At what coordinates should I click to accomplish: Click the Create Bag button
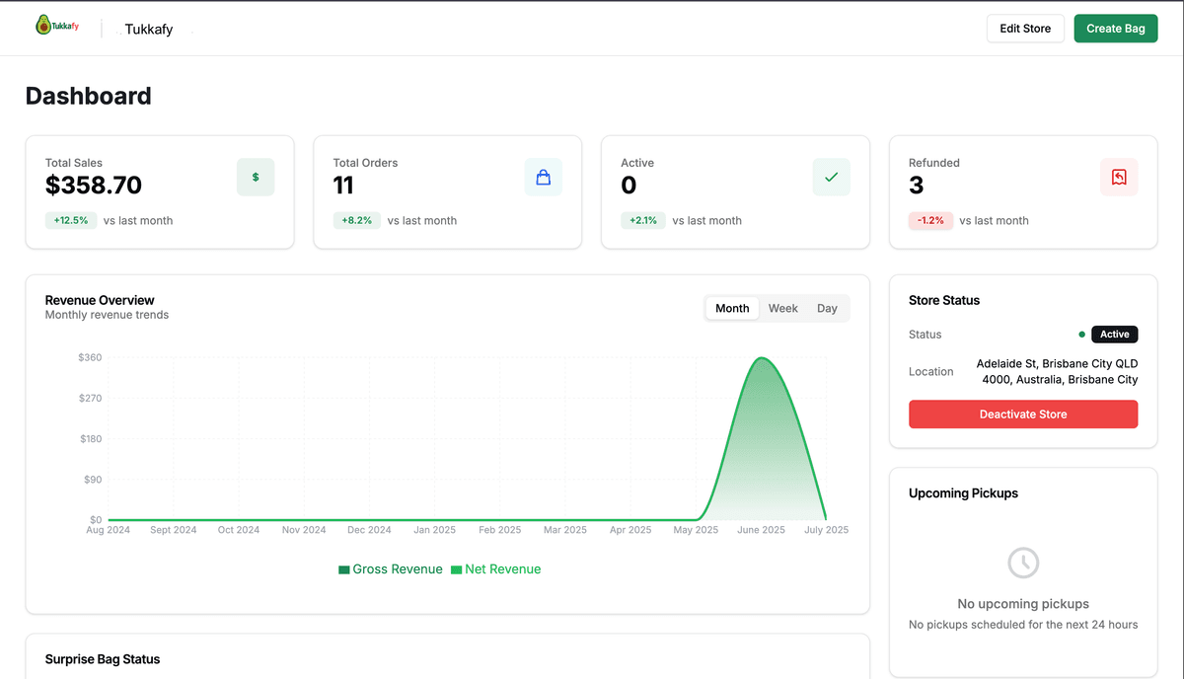[1115, 29]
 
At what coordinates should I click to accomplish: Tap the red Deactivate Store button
[1022, 415]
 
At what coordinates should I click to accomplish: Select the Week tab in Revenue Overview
[782, 308]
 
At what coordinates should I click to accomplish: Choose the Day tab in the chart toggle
[827, 308]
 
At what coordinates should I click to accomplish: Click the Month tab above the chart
[732, 308]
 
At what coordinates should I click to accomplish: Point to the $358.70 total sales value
[94, 186]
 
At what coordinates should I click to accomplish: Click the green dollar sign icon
[256, 178]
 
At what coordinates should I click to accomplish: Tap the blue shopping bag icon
[543, 178]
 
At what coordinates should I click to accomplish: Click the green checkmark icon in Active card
[831, 178]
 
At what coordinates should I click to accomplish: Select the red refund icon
[1119, 178]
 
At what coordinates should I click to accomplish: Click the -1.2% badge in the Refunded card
[930, 221]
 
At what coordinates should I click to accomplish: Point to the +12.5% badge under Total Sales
[70, 221]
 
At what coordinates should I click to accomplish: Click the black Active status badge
[1114, 335]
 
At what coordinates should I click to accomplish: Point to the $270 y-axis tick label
[90, 399]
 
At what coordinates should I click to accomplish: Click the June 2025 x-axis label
[761, 530]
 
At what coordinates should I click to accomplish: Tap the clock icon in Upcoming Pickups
[1022, 564]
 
